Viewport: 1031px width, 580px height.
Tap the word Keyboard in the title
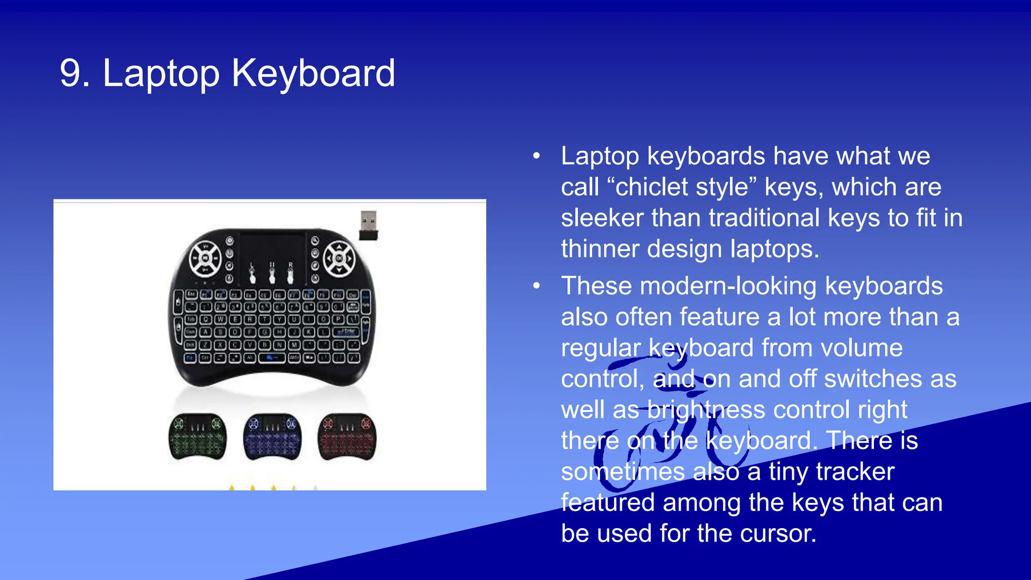313,74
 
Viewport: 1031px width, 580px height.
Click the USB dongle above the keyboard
369,225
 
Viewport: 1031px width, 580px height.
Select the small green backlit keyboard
197,437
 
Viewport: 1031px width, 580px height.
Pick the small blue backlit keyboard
272,437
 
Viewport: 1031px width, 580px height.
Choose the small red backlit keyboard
347,437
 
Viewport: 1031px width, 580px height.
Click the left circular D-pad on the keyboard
205,258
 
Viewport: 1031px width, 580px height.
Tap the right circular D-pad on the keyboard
339,258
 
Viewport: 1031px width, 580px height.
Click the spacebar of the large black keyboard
272,357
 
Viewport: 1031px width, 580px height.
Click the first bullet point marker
537,156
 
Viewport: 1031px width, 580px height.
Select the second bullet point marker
537,286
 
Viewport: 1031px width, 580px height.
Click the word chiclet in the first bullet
646,187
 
